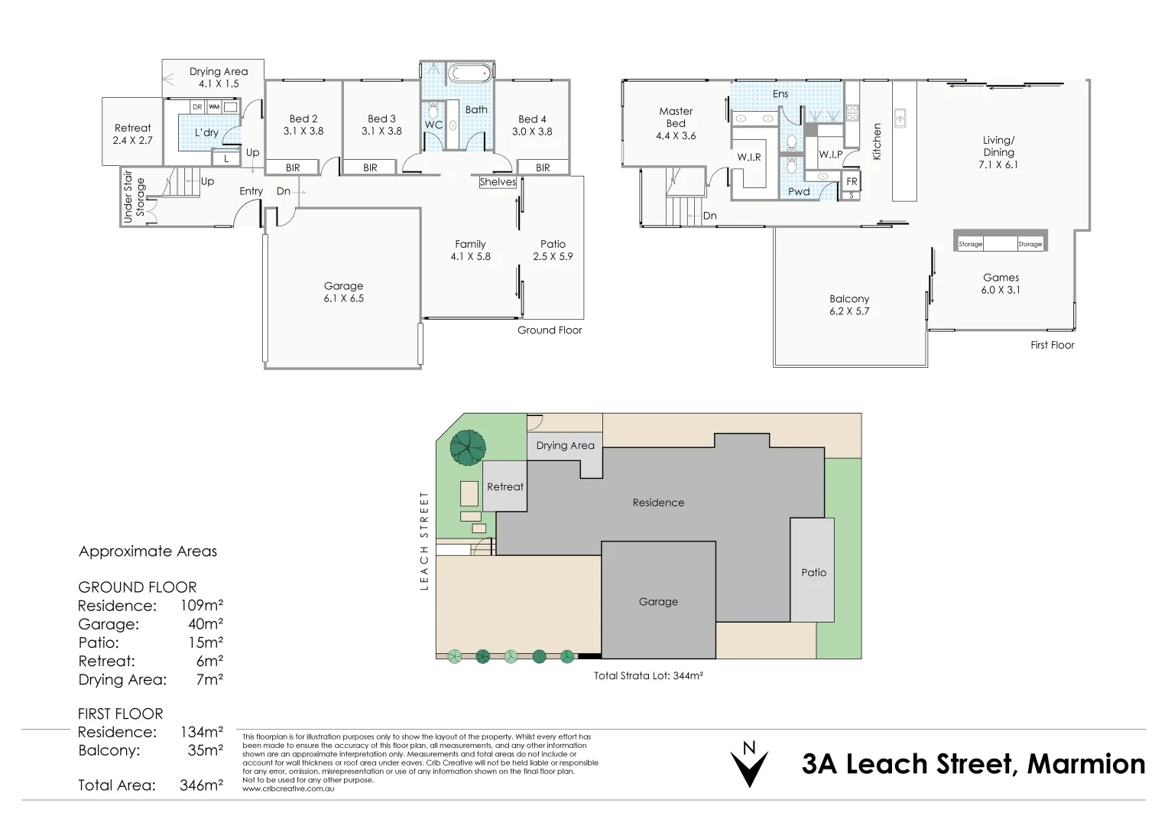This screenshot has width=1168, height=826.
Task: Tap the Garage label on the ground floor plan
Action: click(344, 286)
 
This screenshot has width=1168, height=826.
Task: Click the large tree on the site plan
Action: click(468, 447)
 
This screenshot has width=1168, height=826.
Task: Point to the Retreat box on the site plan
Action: click(505, 486)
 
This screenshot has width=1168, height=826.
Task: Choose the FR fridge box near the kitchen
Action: click(852, 181)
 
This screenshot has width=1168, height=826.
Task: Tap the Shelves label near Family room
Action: click(498, 181)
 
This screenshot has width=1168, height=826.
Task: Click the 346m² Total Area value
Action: click(201, 785)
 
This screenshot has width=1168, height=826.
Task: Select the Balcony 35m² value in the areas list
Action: click(206, 750)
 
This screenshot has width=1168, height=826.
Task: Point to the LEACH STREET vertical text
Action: click(424, 541)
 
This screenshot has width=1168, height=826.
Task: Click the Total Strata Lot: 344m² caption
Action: click(649, 675)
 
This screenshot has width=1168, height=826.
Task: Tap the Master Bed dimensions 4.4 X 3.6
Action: click(676, 135)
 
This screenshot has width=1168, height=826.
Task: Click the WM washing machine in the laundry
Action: click(214, 107)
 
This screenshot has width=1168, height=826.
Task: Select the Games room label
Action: click(1001, 278)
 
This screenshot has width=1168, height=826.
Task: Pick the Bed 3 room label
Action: click(381, 119)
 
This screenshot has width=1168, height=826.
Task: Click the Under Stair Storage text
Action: click(134, 197)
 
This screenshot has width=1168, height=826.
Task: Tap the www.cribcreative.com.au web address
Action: click(288, 789)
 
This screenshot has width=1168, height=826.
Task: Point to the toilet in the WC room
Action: click(433, 111)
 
